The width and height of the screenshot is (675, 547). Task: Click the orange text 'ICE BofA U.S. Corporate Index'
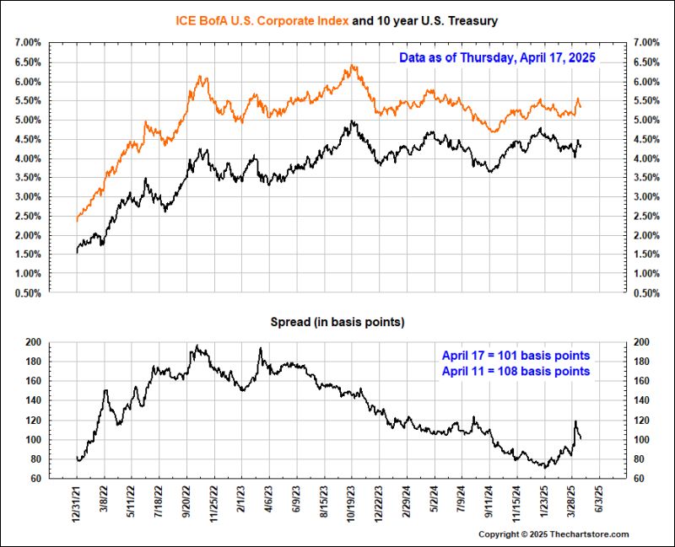click(259, 19)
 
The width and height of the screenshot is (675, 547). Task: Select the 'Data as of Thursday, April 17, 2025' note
click(498, 58)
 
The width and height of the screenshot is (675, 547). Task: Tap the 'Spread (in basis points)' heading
click(337, 322)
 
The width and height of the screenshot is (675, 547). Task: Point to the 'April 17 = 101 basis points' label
click(515, 355)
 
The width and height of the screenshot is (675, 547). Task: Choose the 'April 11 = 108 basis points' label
click(515, 371)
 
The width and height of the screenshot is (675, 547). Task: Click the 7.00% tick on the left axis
click(24, 42)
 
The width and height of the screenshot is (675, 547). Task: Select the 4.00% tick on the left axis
click(24, 158)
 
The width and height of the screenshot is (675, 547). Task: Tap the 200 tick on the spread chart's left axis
click(33, 342)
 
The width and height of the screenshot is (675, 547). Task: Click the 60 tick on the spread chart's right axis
click(640, 479)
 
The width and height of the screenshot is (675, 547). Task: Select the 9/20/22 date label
click(188, 504)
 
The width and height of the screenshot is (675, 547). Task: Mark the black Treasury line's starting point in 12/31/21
click(77, 250)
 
